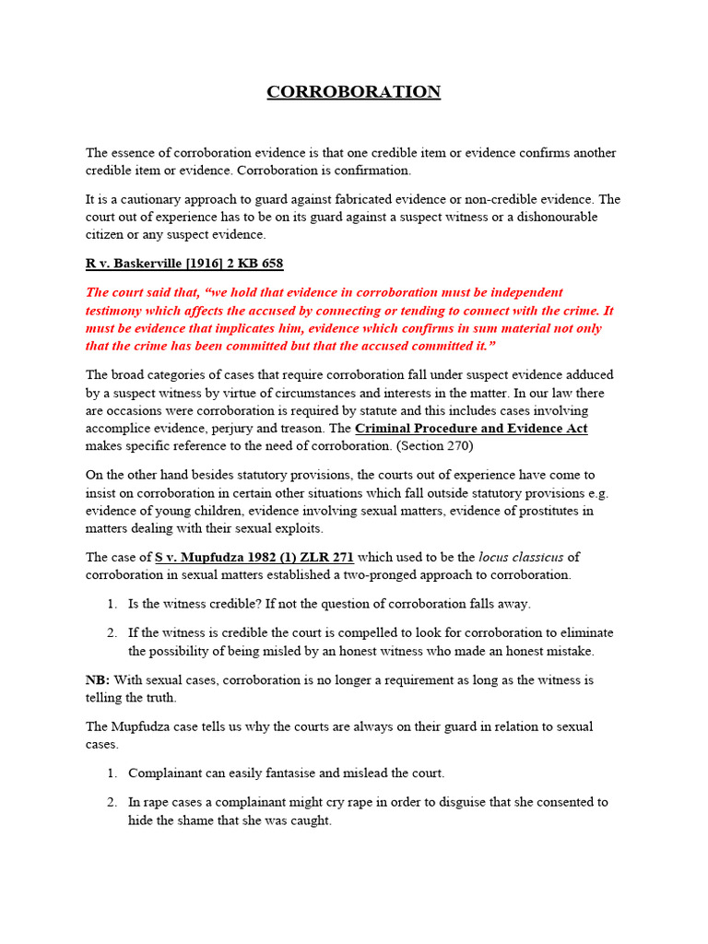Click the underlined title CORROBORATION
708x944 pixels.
(354, 91)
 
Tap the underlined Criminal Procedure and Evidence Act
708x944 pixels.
(471, 429)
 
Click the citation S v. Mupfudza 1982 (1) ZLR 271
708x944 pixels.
(254, 557)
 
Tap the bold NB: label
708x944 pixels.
(98, 679)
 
